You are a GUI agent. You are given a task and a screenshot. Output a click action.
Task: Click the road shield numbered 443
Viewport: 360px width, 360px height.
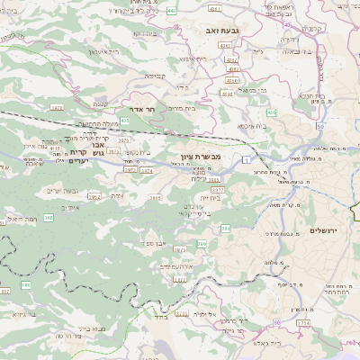[x=172, y=12]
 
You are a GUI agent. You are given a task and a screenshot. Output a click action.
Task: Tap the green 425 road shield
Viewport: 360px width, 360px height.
[x=125, y=120]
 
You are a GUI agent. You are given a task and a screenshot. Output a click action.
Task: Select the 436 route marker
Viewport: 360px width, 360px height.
[x=272, y=112]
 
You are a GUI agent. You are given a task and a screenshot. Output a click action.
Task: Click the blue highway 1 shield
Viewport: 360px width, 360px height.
[x=245, y=159]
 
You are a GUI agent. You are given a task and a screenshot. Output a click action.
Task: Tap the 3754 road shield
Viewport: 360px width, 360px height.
[x=301, y=321]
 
